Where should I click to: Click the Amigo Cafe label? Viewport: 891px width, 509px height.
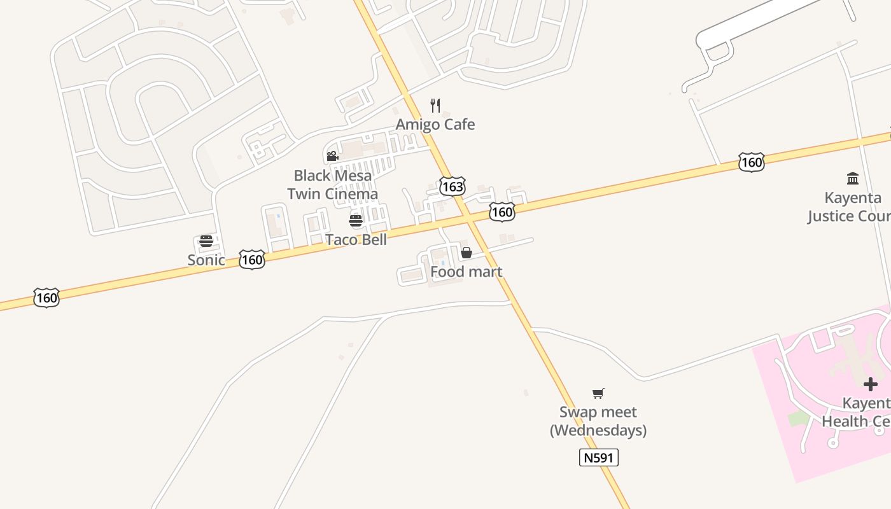435,124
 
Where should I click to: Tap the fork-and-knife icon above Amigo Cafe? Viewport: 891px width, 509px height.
435,105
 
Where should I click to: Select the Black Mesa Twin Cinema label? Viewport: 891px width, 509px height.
332,185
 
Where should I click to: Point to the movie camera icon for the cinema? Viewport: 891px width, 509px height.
332,156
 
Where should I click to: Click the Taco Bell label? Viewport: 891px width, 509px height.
356,239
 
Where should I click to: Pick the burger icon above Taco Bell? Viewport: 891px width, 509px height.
356,221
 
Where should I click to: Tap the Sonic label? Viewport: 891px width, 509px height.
206,260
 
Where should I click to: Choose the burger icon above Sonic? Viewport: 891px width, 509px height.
206,241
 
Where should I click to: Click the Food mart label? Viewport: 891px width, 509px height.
467,272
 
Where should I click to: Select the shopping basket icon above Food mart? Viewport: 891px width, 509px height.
467,253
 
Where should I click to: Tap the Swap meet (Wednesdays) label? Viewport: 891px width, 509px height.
598,421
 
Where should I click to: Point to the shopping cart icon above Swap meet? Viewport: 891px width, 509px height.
598,393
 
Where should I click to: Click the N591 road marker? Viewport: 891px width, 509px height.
599,457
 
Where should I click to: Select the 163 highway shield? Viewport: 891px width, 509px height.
453,186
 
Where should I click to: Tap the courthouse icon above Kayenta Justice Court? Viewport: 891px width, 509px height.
853,178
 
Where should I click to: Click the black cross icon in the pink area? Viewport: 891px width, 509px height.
870,384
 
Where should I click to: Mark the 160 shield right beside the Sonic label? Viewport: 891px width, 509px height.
252,260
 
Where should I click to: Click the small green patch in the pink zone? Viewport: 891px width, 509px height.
799,419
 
